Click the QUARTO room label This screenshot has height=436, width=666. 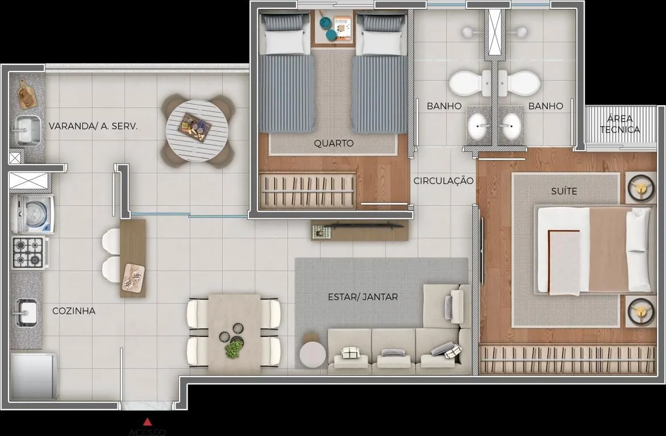[x=334, y=143]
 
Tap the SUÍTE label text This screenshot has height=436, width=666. [x=564, y=191]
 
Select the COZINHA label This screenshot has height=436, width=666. [x=74, y=311]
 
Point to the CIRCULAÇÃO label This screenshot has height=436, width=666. [x=443, y=181]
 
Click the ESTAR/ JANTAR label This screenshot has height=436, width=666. [x=363, y=297]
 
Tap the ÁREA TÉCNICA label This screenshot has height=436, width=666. [x=620, y=124]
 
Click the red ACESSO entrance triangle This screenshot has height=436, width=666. [x=147, y=422]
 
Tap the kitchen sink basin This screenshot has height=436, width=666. [x=26, y=312]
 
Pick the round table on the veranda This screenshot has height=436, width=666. [x=197, y=131]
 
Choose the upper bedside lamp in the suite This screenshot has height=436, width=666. [x=641, y=187]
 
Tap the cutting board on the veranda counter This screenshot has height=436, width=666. [x=27, y=94]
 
